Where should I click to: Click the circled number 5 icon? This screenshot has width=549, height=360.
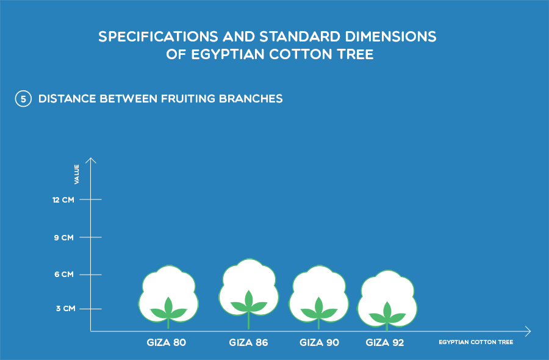pos(23,99)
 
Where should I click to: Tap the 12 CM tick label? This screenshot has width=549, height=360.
pos(63,200)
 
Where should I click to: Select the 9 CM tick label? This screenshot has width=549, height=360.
pos(63,238)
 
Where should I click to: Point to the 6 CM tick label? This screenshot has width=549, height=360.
pos(64,275)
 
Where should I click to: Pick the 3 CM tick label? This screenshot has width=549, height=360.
pos(65,309)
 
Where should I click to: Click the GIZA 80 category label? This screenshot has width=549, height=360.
pos(167,342)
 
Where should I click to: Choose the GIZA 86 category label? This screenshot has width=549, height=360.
pos(249,342)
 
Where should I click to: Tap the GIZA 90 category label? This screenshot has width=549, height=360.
pos(319,342)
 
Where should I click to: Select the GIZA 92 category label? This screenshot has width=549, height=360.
pos(385,342)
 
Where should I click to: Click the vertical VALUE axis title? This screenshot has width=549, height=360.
pos(77,174)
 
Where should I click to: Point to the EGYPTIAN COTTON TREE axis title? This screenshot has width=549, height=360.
pos(476,342)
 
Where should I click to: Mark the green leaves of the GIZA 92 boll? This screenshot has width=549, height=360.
pos(387,314)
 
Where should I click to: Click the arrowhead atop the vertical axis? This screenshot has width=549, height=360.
pos(91,160)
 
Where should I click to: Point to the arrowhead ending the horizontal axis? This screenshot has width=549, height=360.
pos(528,331)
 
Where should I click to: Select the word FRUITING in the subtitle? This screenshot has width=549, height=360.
pos(188,99)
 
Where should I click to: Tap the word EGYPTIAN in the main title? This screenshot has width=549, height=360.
pos(228,54)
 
